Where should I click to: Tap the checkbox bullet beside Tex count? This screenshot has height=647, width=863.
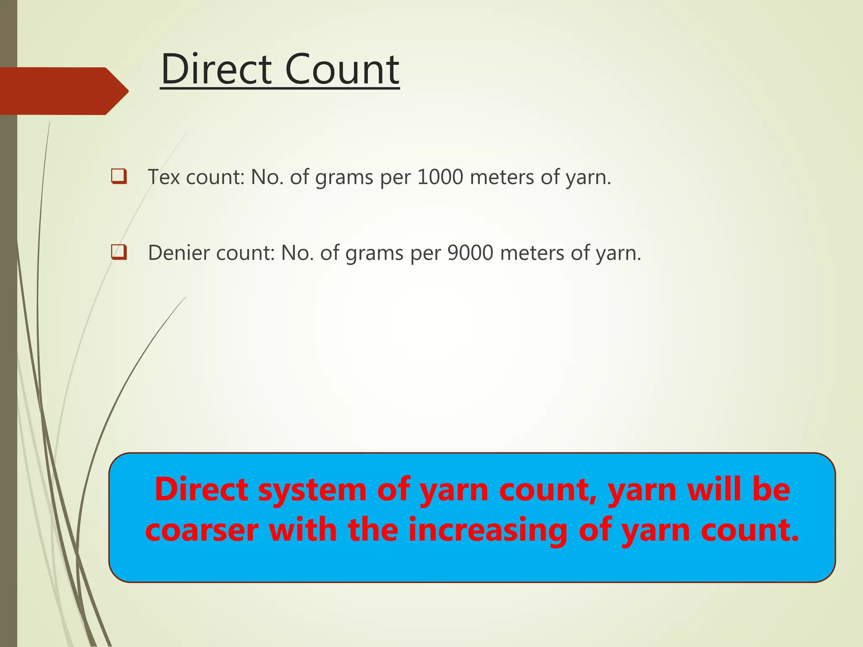pyautogui.click(x=119, y=176)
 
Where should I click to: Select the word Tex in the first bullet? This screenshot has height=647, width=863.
pyautogui.click(x=164, y=177)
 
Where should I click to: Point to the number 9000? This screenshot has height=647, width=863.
pyautogui.click(x=470, y=253)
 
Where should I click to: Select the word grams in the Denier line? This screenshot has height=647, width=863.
pyautogui.click(x=374, y=254)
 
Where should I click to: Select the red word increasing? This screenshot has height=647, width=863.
pyautogui.click(x=488, y=530)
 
